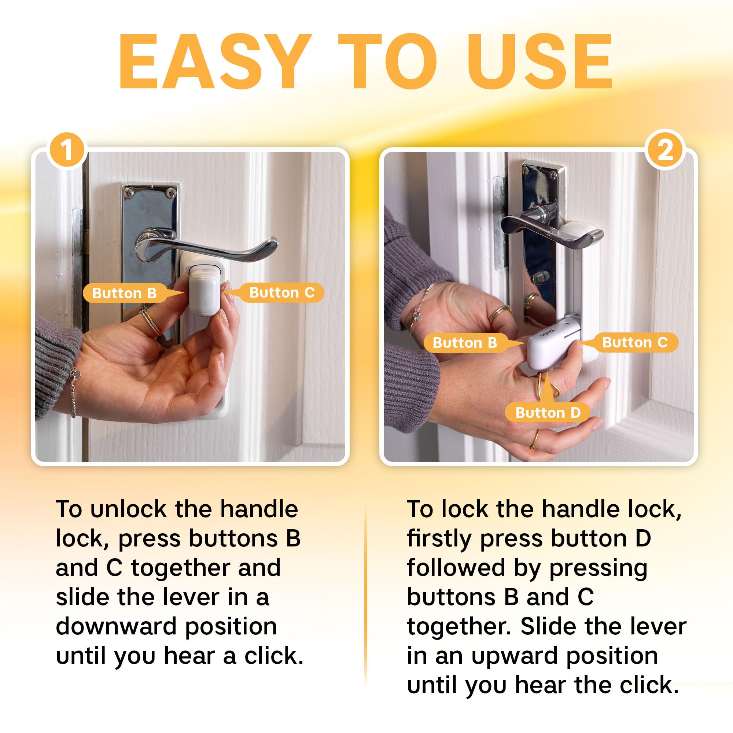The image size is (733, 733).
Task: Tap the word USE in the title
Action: click(539, 62)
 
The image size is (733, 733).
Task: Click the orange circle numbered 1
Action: click(67, 151)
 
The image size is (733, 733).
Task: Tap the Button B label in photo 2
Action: click(465, 343)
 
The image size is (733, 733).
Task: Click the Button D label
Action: click(548, 412)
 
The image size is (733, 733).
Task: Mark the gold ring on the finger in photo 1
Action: click(151, 322)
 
